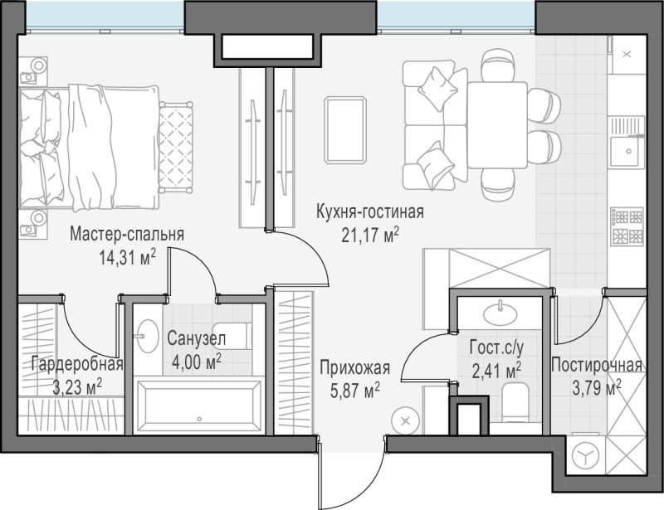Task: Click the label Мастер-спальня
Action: pos(127,234)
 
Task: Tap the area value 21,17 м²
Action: pos(370,235)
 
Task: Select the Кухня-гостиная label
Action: pos(370,211)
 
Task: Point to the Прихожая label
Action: pos(355,368)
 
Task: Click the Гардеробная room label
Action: pos(77,364)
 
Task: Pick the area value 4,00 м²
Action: pos(197,362)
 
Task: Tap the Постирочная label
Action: pos(597,365)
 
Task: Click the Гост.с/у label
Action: pos(496,348)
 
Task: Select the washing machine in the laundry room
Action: pos(586,455)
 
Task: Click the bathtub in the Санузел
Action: pos(198,406)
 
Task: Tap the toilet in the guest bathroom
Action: pos(515,402)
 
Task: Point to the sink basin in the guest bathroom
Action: pos(500,313)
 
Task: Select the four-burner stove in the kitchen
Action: pos(627,226)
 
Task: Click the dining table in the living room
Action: pos(497,125)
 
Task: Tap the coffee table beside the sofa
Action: pos(345,130)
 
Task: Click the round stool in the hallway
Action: pos(406,421)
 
